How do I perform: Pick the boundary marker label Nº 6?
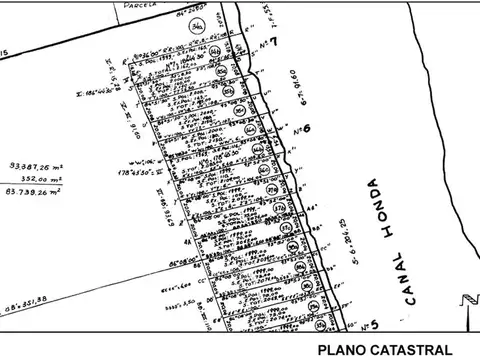(x=301, y=130)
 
